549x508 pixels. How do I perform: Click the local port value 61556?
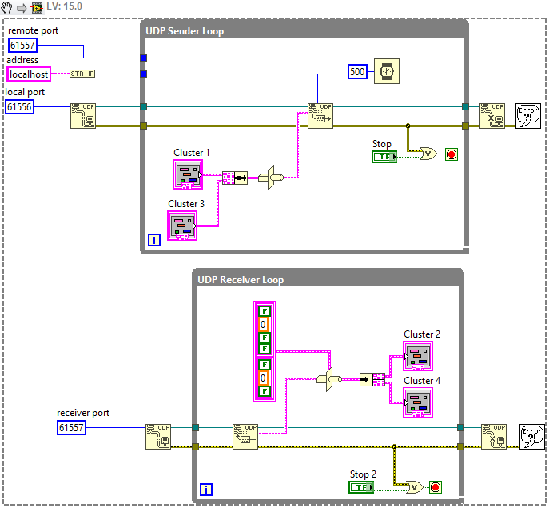[x=20, y=106]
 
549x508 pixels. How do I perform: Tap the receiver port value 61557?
[x=71, y=428]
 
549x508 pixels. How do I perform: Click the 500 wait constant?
[x=357, y=72]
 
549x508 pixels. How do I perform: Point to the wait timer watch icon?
[x=386, y=72]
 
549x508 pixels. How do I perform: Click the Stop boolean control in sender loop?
[x=384, y=157]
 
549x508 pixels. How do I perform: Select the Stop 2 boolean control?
[x=361, y=486]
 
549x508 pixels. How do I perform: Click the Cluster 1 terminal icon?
[x=189, y=174]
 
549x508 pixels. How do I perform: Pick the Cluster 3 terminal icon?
[x=183, y=225]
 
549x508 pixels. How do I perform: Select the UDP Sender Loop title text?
[x=185, y=31]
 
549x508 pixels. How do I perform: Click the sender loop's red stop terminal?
[x=452, y=154]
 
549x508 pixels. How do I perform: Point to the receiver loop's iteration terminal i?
[x=205, y=490]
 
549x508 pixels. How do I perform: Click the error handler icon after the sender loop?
[x=528, y=116]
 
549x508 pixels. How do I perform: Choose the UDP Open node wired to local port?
[x=83, y=116]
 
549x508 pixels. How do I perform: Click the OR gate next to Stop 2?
[x=413, y=486]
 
